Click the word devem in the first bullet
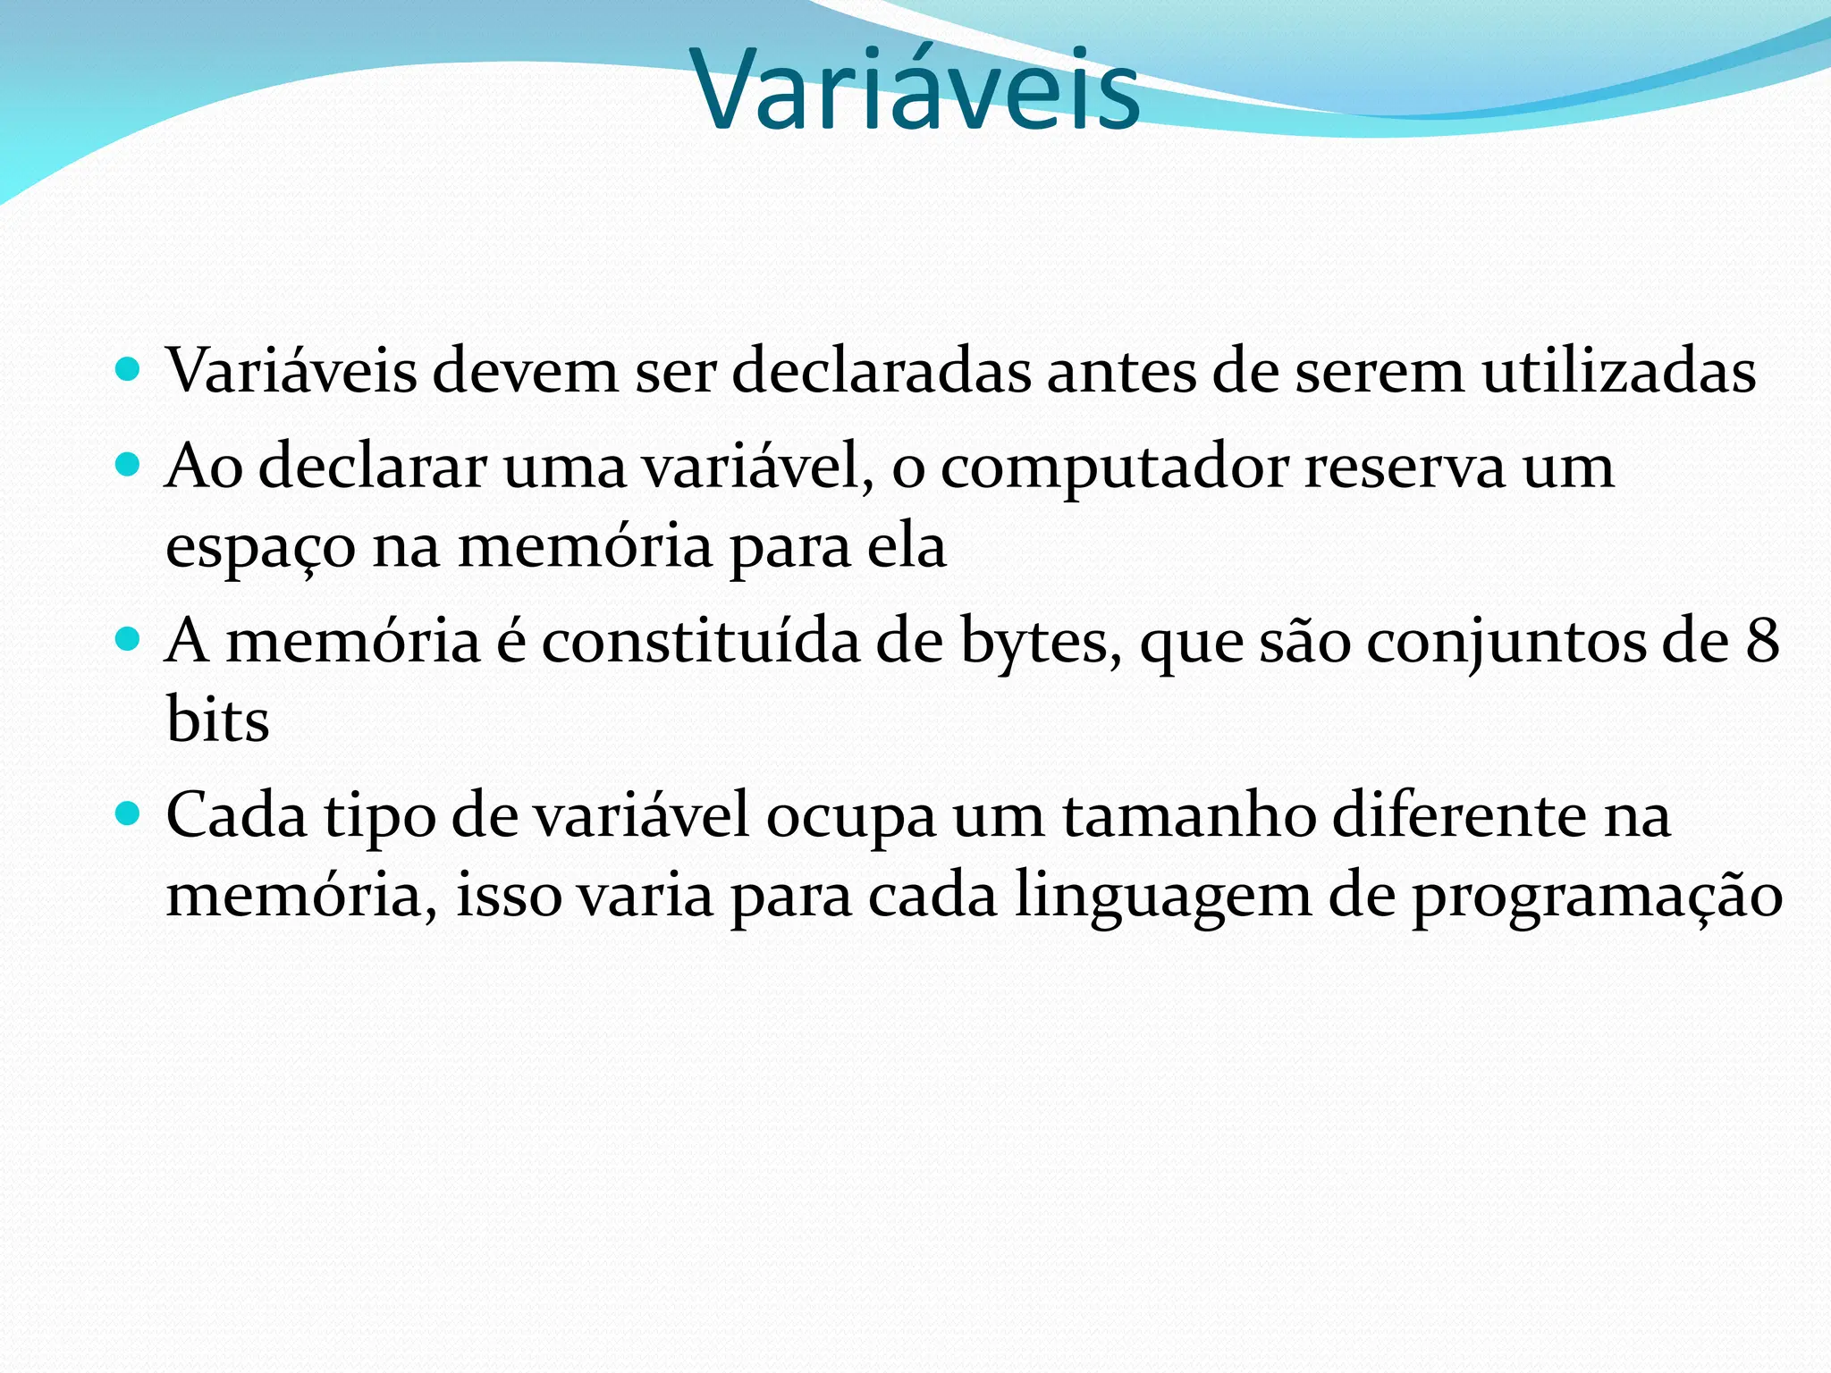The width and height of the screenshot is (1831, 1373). [x=526, y=371]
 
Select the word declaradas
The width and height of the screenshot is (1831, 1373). [x=880, y=371]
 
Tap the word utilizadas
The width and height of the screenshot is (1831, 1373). [x=1619, y=371]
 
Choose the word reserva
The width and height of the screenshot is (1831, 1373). [x=1405, y=467]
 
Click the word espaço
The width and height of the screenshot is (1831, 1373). [x=260, y=547]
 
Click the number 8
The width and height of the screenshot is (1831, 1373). [x=1762, y=642]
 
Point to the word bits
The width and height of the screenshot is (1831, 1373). [x=217, y=720]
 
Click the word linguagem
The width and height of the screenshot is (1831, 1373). [x=1162, y=897]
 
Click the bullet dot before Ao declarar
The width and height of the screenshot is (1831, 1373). [x=129, y=464]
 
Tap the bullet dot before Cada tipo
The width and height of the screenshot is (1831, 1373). [x=129, y=813]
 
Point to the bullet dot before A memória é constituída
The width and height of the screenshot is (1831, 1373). [x=129, y=639]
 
